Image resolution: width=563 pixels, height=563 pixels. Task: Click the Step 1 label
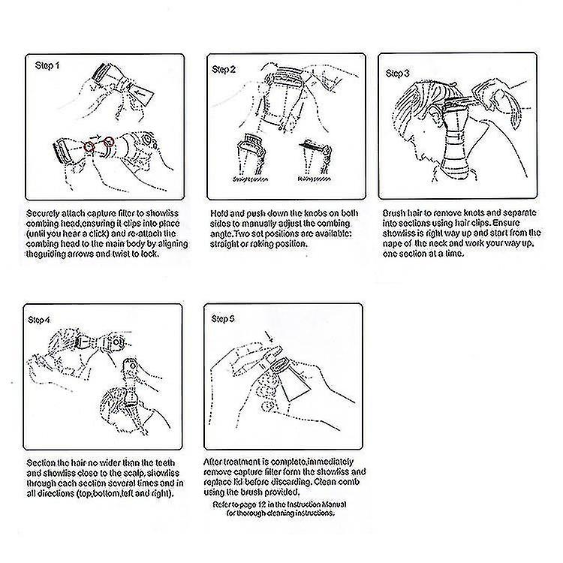pyautogui.click(x=48, y=66)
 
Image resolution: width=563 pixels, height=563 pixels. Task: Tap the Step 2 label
pyautogui.click(x=224, y=70)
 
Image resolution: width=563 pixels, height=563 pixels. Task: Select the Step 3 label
pyautogui.click(x=397, y=74)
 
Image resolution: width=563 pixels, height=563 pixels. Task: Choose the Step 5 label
pyautogui.click(x=224, y=319)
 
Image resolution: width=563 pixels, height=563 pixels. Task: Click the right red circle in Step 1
pyautogui.click(x=110, y=141)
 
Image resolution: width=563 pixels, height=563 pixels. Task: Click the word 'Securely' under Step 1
pyautogui.click(x=42, y=214)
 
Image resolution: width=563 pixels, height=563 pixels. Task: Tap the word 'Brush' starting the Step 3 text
pyautogui.click(x=395, y=214)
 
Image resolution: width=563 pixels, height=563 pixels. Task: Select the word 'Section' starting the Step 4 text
pyautogui.click(x=41, y=463)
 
